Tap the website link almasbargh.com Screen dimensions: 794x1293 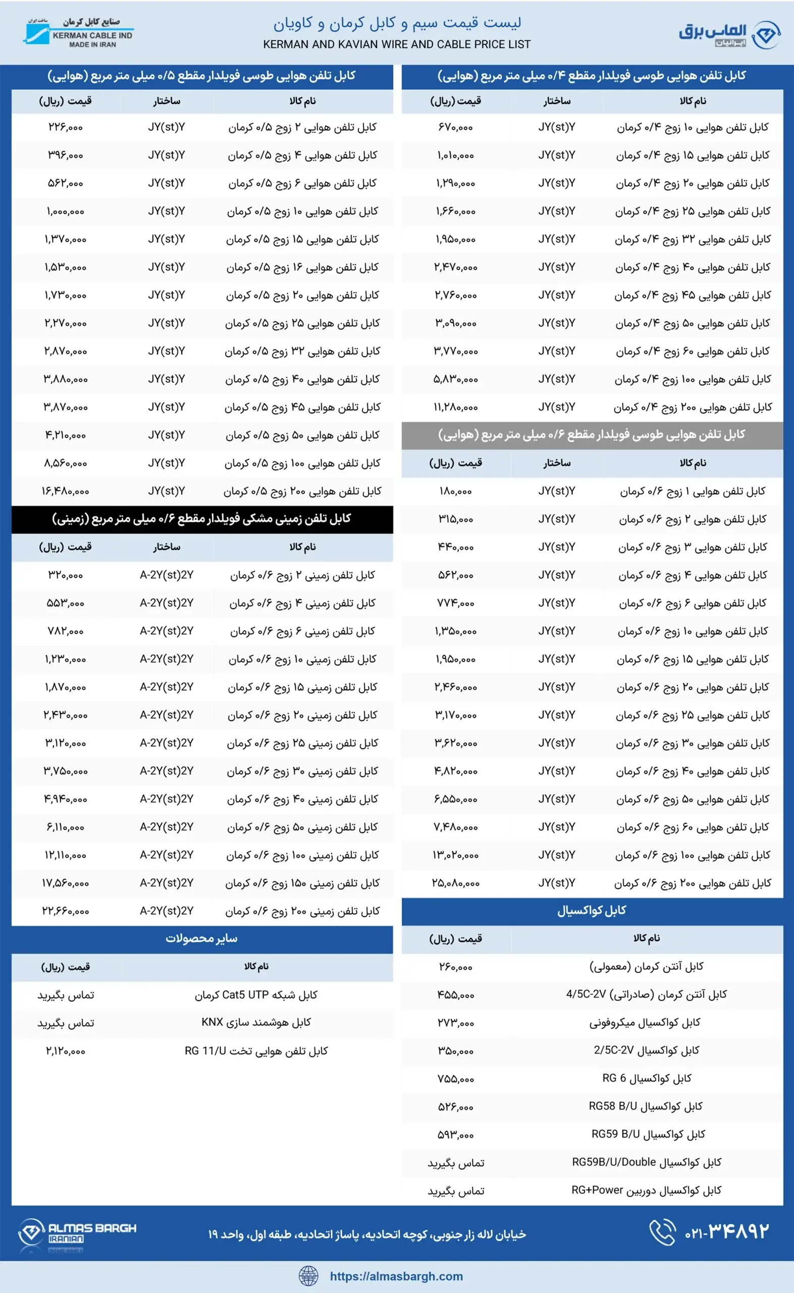pos(396,1276)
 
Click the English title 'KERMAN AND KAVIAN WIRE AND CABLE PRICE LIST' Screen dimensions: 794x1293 pos(396,44)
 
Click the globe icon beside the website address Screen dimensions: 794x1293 pos(308,1276)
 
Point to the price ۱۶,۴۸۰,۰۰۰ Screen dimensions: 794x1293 pos(66,491)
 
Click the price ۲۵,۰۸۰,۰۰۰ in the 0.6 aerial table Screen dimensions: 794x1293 pos(455,883)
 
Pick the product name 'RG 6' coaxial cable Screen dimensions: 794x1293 pos(647,1079)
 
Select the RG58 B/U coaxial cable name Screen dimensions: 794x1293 pos(647,1107)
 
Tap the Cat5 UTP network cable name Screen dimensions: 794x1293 pos(256,994)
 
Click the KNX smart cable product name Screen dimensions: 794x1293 pos(256,1022)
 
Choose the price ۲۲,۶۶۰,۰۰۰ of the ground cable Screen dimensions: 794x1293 pos(66,911)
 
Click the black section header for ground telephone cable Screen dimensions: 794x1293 pos(202,519)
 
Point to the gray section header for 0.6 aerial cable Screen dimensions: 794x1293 pos(592,435)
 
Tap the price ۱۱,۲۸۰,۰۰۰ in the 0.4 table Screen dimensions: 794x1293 pos(455,407)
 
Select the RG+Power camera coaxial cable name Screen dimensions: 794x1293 pos(647,1190)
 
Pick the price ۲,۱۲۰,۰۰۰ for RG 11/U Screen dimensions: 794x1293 pos(66,1051)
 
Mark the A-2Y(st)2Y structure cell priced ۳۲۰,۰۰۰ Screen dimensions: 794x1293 pos(167,575)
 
